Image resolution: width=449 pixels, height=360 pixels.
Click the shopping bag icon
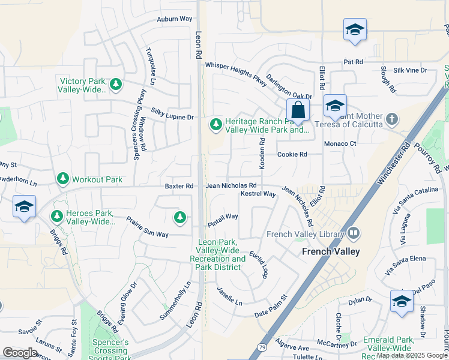(x=298, y=110)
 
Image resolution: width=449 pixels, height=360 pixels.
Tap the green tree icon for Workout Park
(x=62, y=179)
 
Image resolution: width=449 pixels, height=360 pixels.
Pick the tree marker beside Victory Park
(x=115, y=85)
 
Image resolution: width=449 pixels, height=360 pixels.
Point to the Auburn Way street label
(x=175, y=19)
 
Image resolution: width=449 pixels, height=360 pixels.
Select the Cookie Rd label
(x=292, y=154)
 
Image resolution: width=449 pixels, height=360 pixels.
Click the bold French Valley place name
(x=331, y=252)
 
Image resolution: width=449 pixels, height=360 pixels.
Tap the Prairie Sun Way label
(x=148, y=226)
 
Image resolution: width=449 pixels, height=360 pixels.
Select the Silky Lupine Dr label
(x=172, y=114)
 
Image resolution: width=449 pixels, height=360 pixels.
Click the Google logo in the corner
(x=20, y=352)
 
